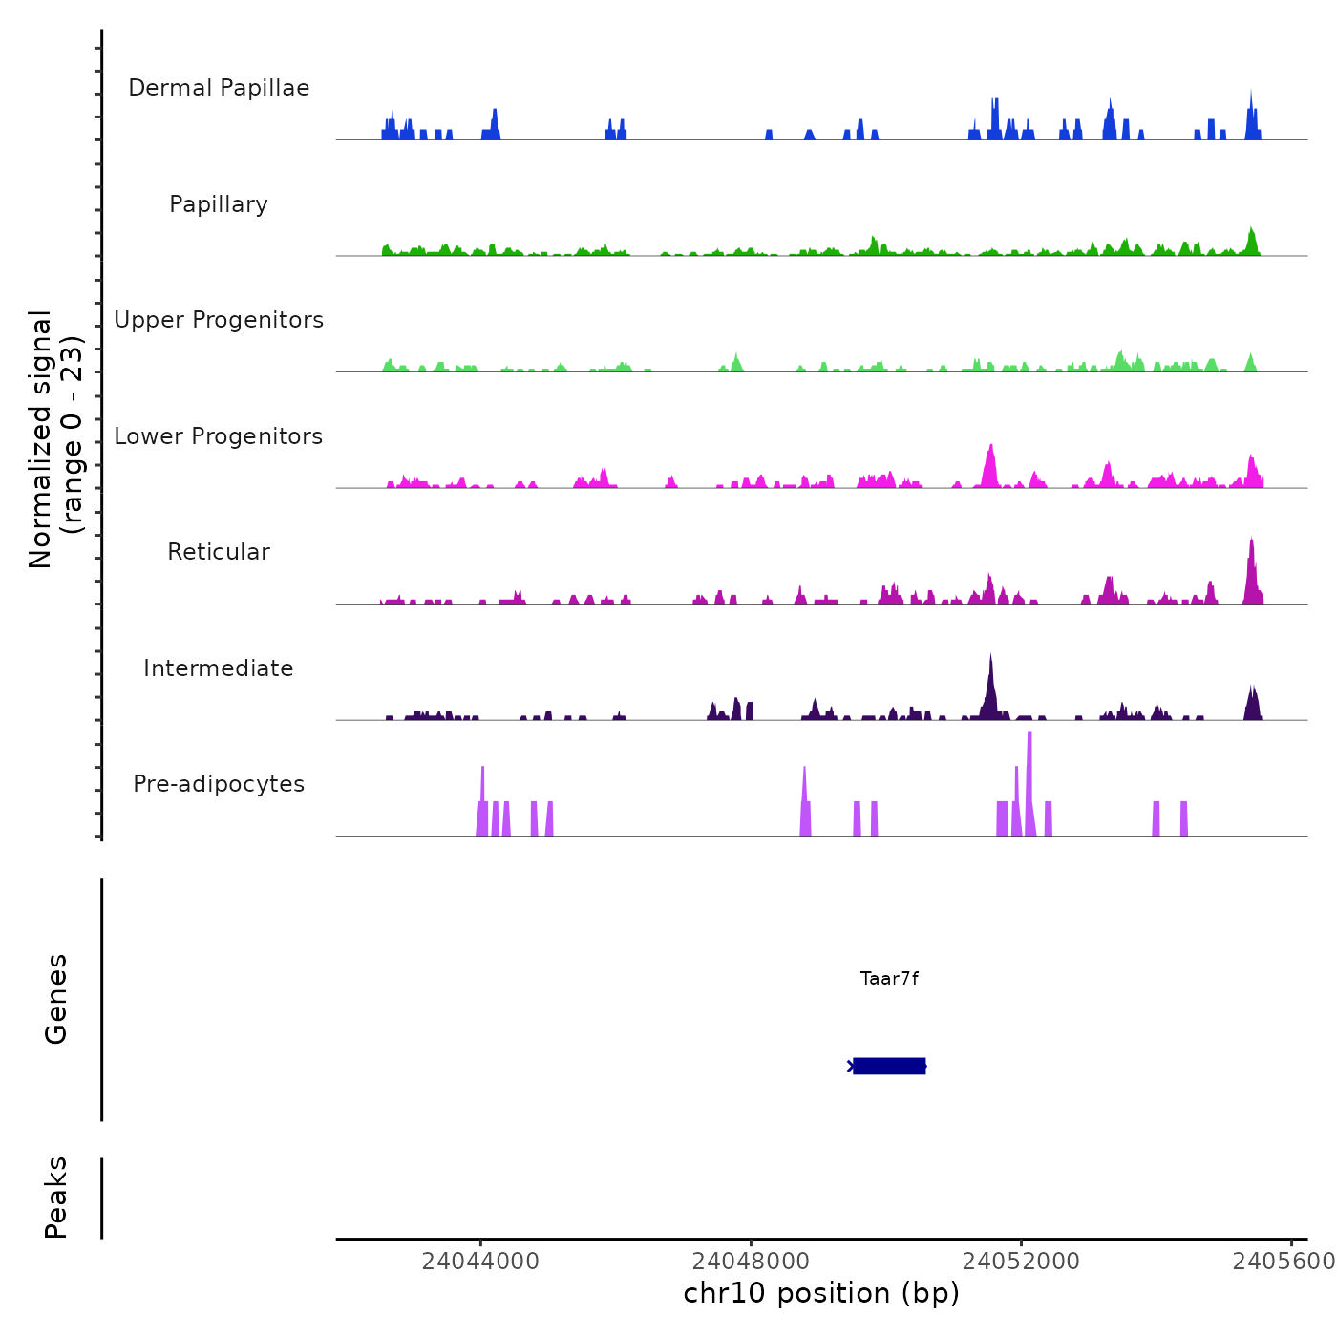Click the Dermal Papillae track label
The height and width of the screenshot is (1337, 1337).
pos(219,88)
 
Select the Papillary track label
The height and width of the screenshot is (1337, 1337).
pos(219,204)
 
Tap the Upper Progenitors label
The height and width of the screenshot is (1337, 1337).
pos(219,320)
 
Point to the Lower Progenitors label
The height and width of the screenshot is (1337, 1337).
pos(219,436)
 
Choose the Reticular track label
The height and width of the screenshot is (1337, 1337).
pos(219,552)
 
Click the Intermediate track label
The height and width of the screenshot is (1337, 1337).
pos(219,668)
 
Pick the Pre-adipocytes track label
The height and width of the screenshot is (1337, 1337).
pos(219,784)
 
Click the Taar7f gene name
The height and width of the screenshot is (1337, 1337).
pos(889,979)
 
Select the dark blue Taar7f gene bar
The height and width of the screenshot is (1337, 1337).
pos(889,1066)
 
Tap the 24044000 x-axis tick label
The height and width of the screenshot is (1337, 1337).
pos(480,1262)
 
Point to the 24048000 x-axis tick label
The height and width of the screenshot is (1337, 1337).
pos(751,1262)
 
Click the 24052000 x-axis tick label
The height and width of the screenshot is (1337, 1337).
pos(1021,1262)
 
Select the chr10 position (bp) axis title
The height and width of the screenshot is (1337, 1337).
pos(821,1293)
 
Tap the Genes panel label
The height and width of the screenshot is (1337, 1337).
pos(56,999)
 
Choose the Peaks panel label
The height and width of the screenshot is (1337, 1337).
pos(56,1198)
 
